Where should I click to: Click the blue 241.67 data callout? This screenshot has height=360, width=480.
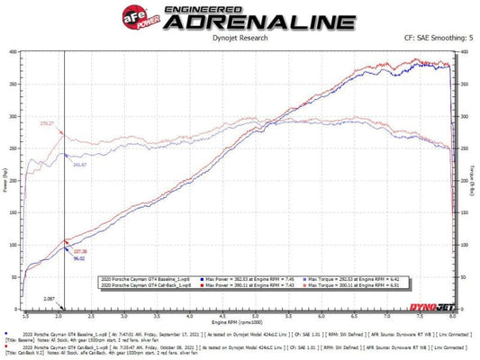click(78, 165)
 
